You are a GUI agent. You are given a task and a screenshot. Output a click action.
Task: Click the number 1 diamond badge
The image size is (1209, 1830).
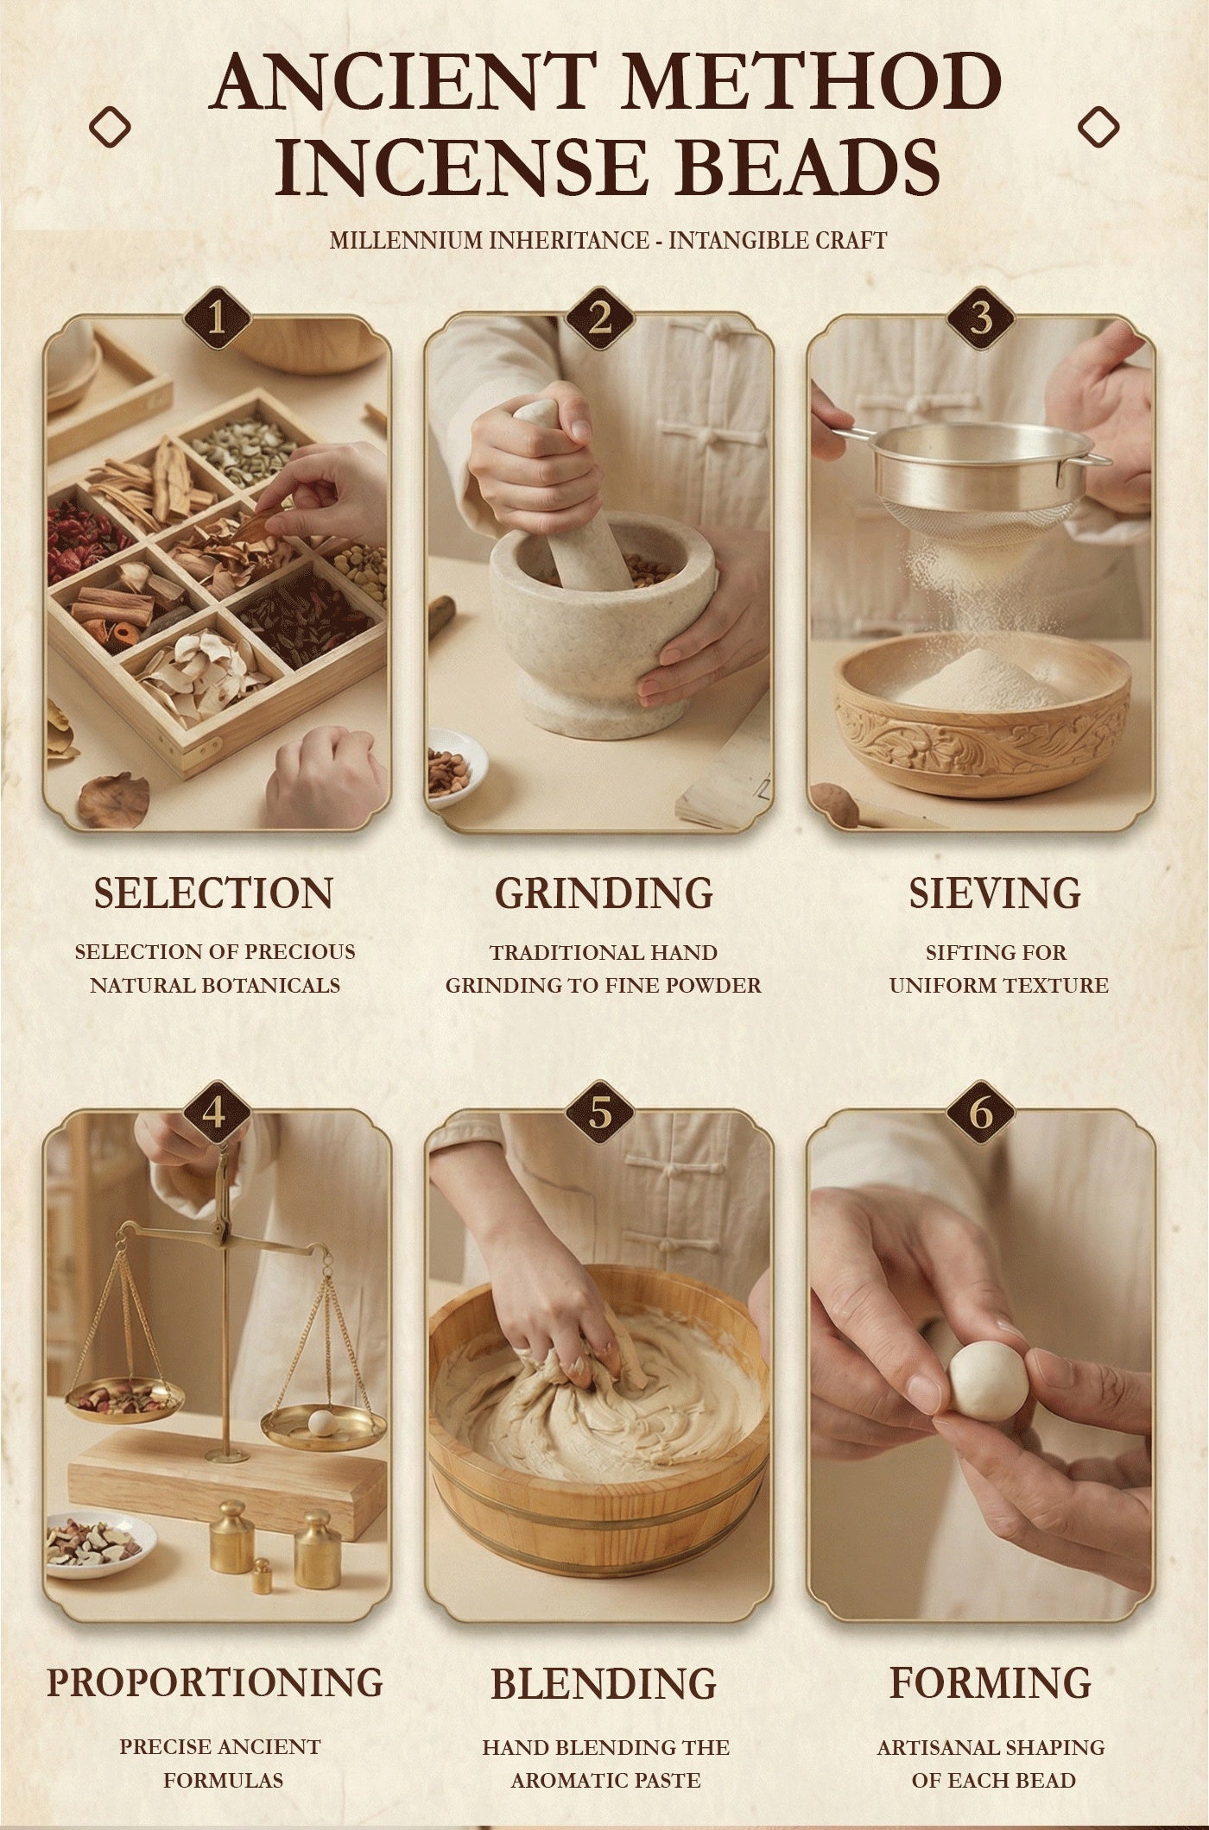[x=217, y=321]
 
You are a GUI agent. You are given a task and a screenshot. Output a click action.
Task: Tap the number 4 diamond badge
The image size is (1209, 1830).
[x=217, y=1114]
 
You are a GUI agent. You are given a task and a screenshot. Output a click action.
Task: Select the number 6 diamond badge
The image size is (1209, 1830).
[x=981, y=1114]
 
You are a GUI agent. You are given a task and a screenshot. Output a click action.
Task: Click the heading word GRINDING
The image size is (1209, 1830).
[x=604, y=893]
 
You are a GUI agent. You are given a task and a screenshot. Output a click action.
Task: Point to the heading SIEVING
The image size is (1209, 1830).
[x=995, y=893]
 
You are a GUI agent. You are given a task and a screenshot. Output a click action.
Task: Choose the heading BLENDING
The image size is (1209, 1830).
[x=604, y=1682]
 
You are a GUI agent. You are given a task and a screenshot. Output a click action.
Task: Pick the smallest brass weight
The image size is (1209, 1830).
[x=262, y=1578]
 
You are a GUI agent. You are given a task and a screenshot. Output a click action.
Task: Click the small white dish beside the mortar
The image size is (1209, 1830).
[x=455, y=767]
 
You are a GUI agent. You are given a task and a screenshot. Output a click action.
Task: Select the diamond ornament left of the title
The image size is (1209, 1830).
[x=110, y=128]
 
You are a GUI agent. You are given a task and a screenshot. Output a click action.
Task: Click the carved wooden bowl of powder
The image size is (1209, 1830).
[x=982, y=719]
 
